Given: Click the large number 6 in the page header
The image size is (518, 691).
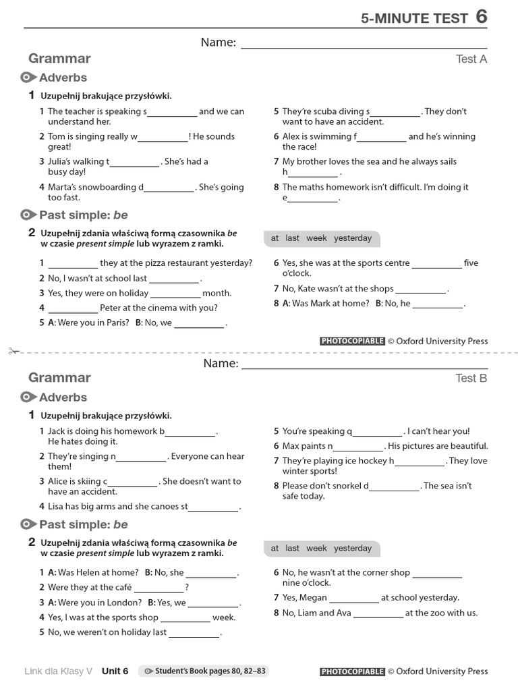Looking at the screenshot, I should (481, 16).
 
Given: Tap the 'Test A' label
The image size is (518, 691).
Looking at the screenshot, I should (471, 59).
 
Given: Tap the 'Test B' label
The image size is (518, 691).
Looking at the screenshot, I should (471, 378).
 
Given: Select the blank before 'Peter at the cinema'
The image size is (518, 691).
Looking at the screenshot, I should (73, 309).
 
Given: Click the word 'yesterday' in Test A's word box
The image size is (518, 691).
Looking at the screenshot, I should (353, 238).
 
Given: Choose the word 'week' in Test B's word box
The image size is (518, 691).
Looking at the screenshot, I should (316, 549).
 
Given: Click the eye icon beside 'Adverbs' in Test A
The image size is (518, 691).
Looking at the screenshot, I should (29, 78).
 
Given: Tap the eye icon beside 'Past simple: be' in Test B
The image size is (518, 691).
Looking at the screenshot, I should (29, 524).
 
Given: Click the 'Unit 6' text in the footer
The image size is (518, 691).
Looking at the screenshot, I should (115, 671).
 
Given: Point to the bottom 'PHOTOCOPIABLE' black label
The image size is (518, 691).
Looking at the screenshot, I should (352, 671).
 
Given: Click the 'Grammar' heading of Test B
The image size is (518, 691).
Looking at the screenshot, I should (59, 377).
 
